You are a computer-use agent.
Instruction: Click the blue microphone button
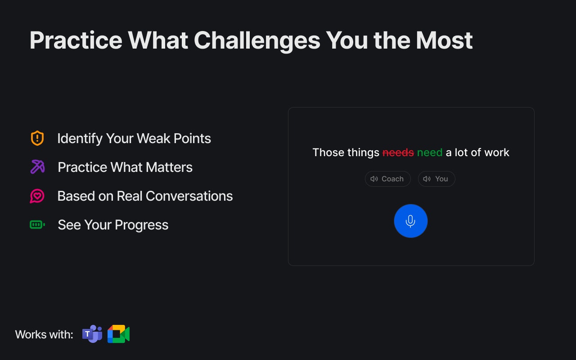[x=411, y=221]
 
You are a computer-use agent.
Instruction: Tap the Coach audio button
[x=388, y=179]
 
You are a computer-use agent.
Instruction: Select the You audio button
[x=436, y=179]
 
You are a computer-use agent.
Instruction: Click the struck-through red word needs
[x=398, y=153]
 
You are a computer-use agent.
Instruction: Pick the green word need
[x=430, y=153]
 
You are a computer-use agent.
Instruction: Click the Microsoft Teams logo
[x=92, y=334]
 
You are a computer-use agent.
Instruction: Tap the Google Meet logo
[x=118, y=334]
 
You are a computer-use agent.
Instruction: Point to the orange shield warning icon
[x=37, y=138]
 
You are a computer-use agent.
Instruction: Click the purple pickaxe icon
[x=37, y=167]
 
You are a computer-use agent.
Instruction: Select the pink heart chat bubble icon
[x=37, y=196]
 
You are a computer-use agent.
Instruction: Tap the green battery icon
[x=37, y=225]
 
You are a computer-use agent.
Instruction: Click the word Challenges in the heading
[x=257, y=40]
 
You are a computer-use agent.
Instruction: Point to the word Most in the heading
[x=444, y=40]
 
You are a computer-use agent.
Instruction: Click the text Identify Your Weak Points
[x=134, y=139]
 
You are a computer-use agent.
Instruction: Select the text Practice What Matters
[x=125, y=167]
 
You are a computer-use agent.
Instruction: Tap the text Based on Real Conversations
[x=145, y=196]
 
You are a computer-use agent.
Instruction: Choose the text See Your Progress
[x=113, y=225]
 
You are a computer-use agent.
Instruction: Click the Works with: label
[x=44, y=334]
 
